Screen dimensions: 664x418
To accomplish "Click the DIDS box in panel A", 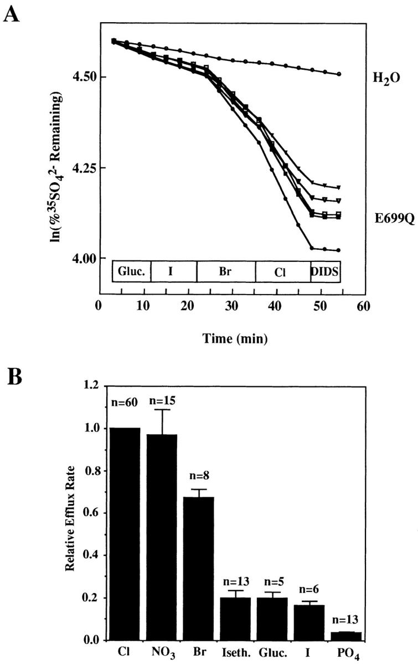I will click(x=326, y=271).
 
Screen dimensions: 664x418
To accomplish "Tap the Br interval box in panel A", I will click(x=226, y=271).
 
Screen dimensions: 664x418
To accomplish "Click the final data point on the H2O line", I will click(x=339, y=74).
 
